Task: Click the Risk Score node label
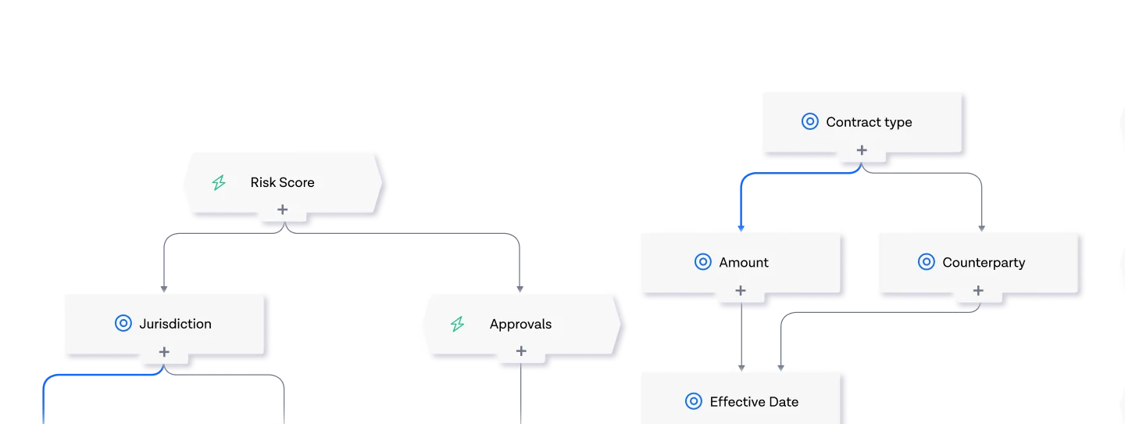click(282, 182)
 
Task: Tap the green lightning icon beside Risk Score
click(219, 182)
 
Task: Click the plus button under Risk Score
click(283, 209)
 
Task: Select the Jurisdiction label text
click(175, 324)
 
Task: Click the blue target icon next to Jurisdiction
click(123, 323)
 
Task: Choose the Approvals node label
click(520, 325)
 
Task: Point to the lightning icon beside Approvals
click(458, 324)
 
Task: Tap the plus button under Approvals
click(521, 350)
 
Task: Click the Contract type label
click(869, 122)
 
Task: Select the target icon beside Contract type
click(810, 121)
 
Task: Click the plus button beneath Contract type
click(862, 150)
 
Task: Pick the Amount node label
click(743, 263)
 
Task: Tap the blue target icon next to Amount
click(702, 261)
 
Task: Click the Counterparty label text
click(984, 263)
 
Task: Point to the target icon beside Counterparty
click(927, 261)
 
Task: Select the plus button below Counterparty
click(978, 290)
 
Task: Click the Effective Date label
click(754, 402)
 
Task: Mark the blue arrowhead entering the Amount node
click(741, 228)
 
